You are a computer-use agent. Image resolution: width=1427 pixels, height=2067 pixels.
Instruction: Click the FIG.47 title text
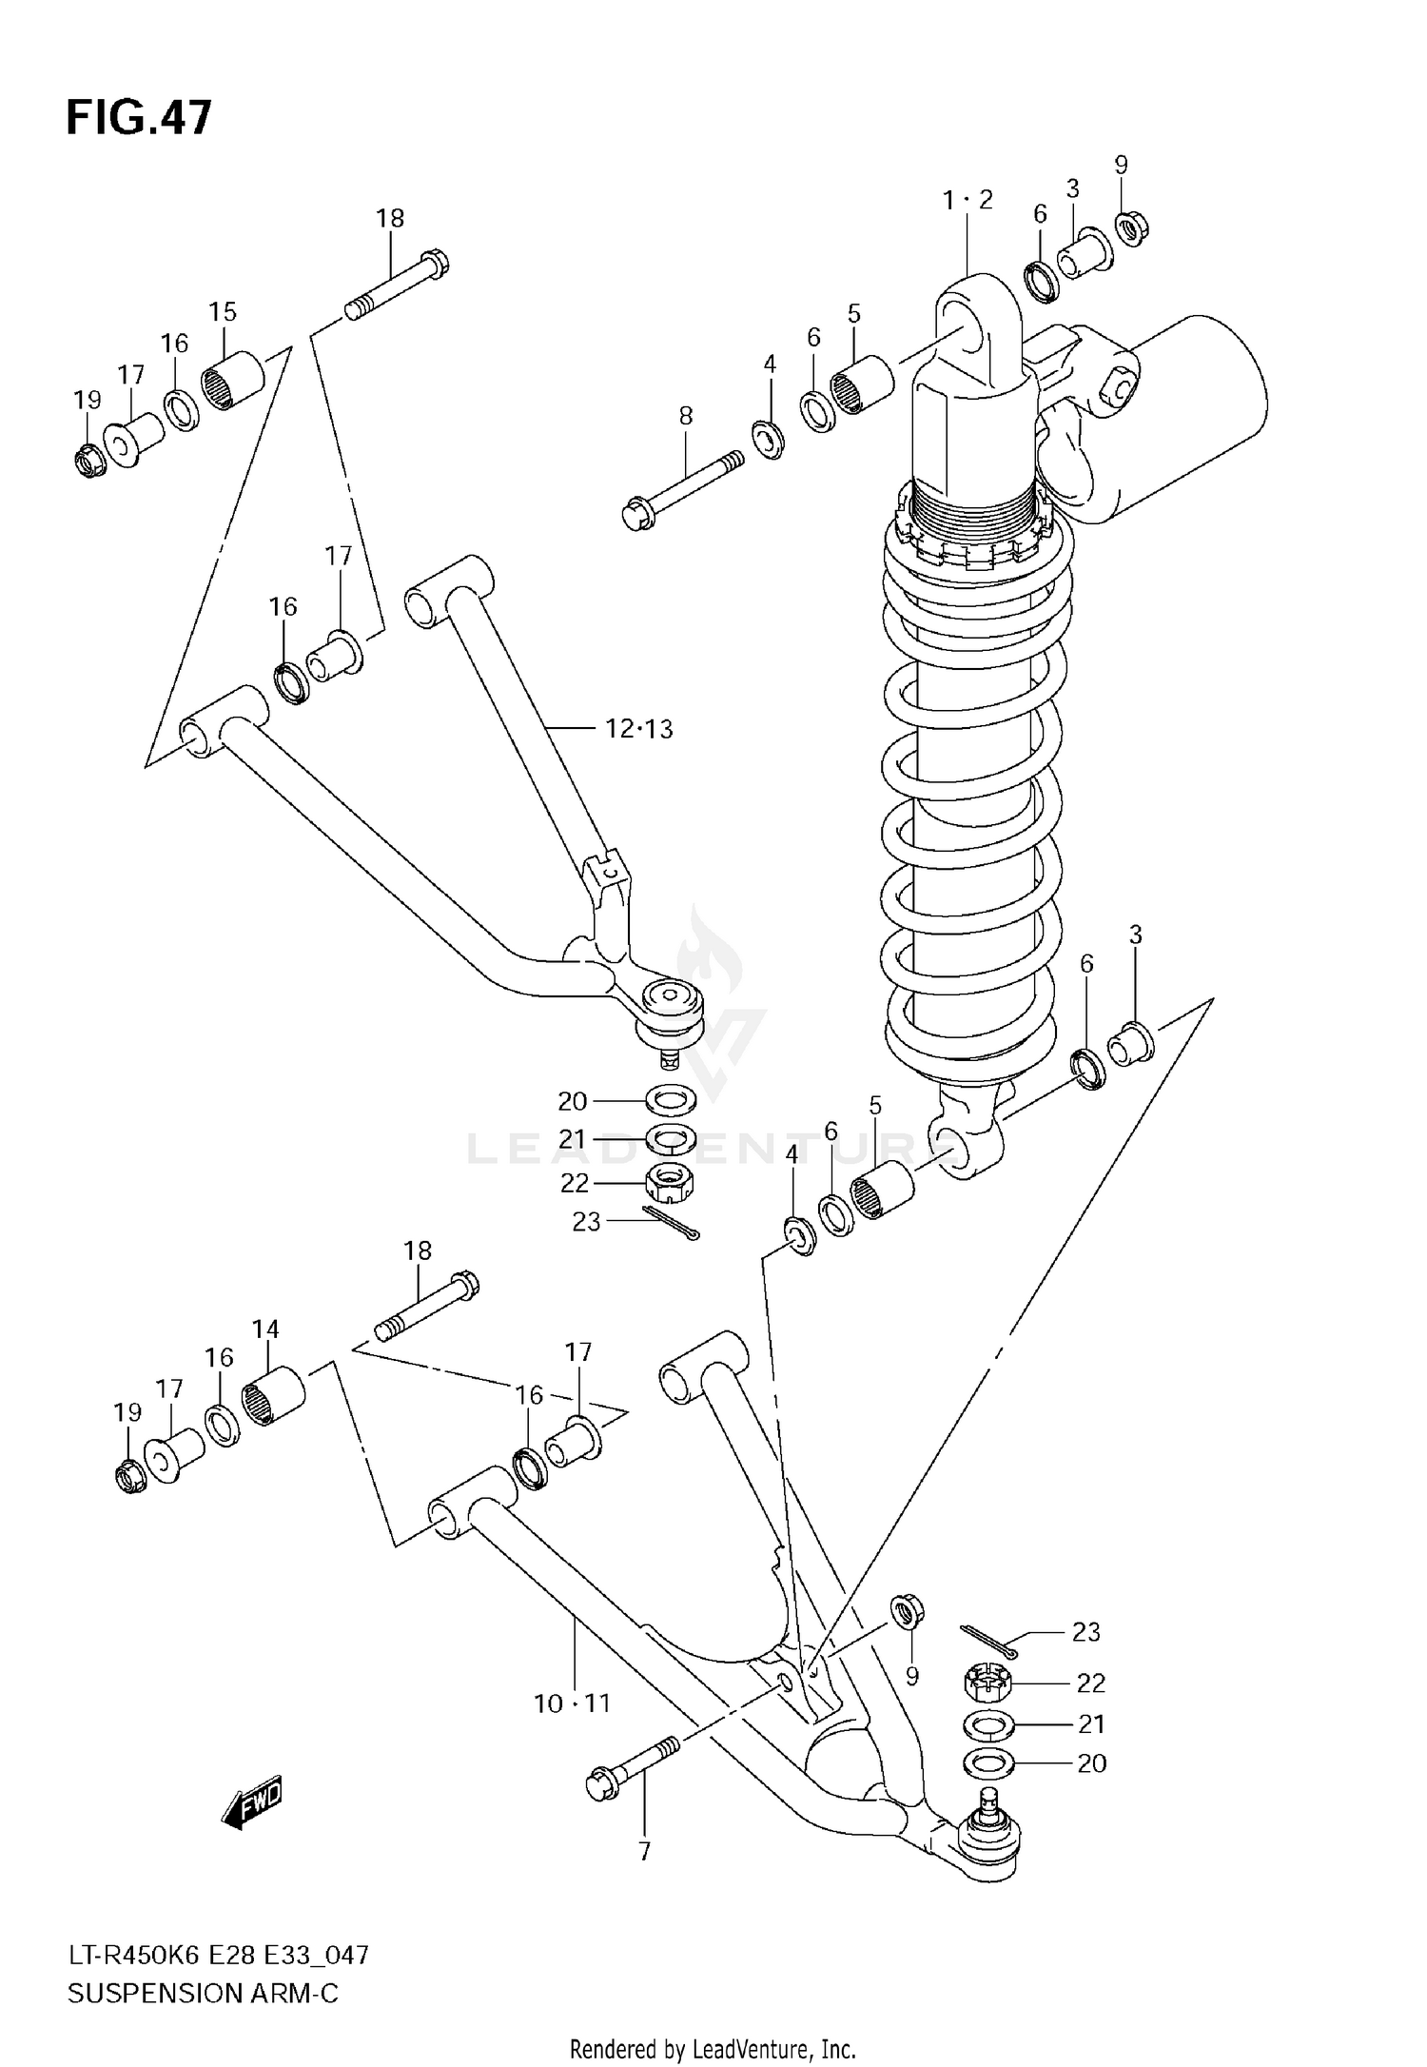coord(139,118)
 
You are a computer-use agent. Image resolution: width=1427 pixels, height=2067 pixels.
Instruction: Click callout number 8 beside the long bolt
coord(685,416)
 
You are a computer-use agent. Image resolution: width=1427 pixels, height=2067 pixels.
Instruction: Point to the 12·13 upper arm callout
coord(639,729)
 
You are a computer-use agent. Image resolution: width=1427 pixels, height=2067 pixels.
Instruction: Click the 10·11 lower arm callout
coord(572,1703)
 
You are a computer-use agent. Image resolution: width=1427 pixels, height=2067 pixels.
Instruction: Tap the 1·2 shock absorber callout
coord(968,200)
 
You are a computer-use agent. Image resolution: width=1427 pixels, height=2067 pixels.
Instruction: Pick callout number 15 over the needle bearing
coord(223,311)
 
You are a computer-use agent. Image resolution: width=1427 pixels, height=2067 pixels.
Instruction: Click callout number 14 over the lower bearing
coord(265,1329)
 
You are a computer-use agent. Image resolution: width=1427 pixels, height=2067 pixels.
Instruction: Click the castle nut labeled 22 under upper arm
coord(670,1183)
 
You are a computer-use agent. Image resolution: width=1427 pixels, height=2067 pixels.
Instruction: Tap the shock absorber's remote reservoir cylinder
coord(1189,419)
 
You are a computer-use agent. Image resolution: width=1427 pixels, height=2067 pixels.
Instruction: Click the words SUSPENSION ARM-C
coord(203,1993)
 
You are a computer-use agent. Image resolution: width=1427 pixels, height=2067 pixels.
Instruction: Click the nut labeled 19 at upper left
coord(89,460)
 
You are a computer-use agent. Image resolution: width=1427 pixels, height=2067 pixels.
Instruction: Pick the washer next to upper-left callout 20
coord(671,1101)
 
